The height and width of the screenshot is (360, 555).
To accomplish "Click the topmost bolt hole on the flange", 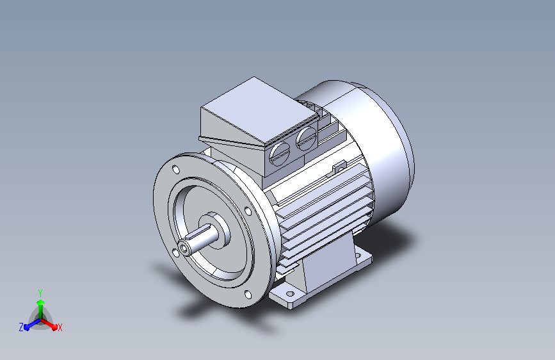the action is [175, 169].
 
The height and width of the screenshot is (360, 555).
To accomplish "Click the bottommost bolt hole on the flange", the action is [248, 295].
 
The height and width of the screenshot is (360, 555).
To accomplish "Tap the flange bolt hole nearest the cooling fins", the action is [248, 211].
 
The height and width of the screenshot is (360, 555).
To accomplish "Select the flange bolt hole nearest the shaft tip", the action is [175, 252].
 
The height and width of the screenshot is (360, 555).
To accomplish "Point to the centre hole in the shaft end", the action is [184, 249].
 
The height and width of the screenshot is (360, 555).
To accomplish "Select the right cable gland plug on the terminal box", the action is [307, 138].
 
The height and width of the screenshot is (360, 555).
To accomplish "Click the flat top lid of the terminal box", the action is [259, 109].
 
